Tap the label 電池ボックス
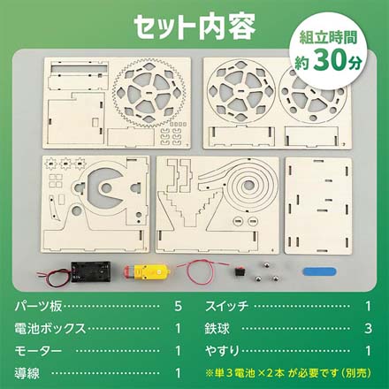pos(51,329)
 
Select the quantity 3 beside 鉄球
pos(367,329)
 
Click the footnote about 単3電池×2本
pos(286,372)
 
